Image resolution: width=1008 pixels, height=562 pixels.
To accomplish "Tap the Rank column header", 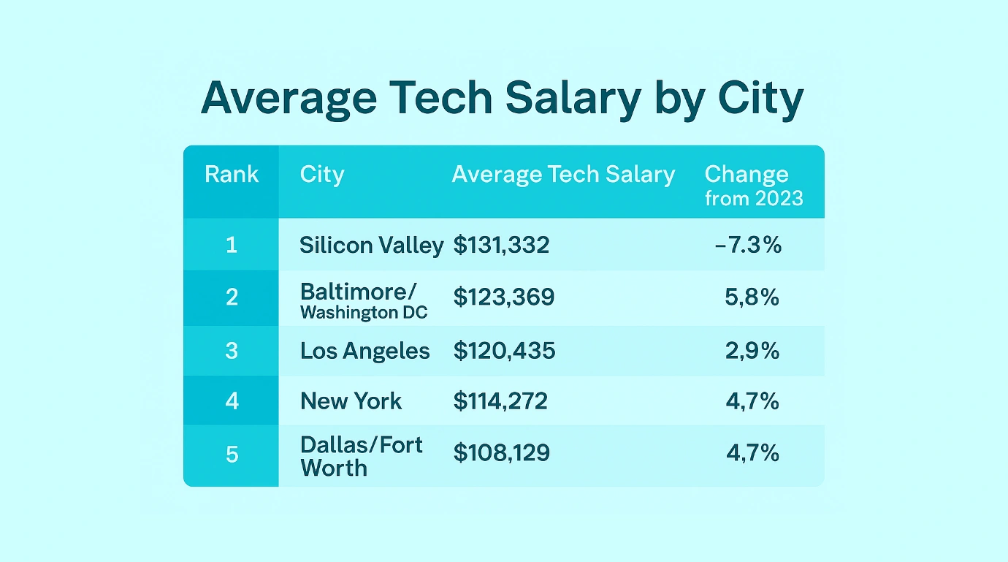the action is [x=232, y=175].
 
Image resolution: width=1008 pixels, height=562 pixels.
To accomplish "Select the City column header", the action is [x=321, y=175].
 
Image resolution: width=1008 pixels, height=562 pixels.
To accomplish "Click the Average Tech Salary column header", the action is [x=563, y=175].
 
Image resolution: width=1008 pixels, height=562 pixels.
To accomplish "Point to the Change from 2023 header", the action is [x=753, y=186].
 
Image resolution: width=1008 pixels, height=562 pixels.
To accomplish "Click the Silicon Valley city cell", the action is [x=371, y=246].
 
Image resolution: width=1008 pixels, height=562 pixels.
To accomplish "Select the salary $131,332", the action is [x=501, y=246].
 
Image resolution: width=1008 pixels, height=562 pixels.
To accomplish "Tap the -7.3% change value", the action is [x=749, y=246].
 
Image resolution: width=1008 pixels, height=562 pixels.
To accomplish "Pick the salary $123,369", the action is [x=503, y=297].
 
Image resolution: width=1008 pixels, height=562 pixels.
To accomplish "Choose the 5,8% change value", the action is [x=752, y=297].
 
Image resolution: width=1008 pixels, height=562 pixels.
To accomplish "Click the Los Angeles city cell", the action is [x=364, y=352].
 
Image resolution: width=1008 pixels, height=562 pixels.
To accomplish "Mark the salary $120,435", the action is [x=504, y=352].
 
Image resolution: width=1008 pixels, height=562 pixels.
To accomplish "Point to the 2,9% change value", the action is [x=752, y=352].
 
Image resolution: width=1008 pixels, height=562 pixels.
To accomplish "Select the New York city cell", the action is [x=351, y=401].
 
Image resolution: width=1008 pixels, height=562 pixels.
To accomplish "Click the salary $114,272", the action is [x=500, y=401].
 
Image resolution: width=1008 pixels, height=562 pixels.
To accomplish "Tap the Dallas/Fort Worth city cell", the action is [x=361, y=456].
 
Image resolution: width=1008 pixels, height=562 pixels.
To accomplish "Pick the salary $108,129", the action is [x=501, y=453].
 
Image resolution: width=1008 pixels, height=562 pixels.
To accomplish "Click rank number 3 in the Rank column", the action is [x=232, y=351].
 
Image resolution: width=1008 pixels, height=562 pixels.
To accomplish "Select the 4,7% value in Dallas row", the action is [x=752, y=453].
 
